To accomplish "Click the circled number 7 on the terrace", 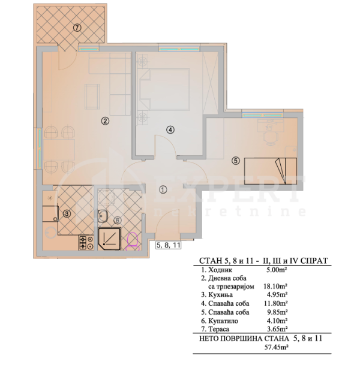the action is (77, 28).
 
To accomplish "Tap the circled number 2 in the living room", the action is (105, 121).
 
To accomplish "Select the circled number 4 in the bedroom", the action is (170, 129).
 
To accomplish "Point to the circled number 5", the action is (236, 161).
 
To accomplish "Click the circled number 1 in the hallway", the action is (163, 189).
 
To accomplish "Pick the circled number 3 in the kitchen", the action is (67, 214).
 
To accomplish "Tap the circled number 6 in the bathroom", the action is (117, 221).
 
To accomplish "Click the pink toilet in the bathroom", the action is (133, 242).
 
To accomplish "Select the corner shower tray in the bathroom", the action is (110, 239).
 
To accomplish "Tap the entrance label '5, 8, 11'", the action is (168, 245).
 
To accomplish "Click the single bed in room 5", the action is (271, 171).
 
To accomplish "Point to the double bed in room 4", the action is (165, 90).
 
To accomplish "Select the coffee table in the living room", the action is (92, 96).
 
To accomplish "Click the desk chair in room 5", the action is (271, 138).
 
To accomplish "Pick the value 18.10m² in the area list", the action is (275, 286).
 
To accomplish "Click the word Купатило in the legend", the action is (223, 321).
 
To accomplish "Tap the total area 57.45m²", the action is (276, 347).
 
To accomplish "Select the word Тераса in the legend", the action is (218, 329).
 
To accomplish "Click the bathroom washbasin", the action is (103, 216).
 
